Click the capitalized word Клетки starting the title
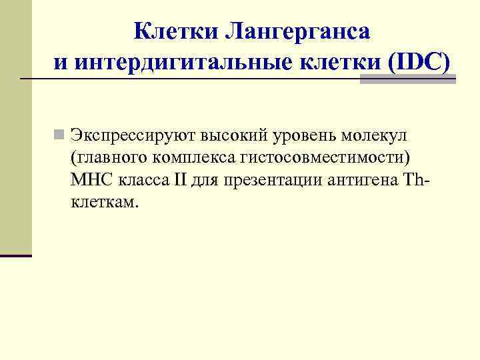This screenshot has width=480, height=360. pos(176,31)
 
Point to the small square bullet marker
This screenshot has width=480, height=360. pos(60,136)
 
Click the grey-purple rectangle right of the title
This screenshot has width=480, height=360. pos(407,79)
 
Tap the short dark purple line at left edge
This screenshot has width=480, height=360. pos(16,255)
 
